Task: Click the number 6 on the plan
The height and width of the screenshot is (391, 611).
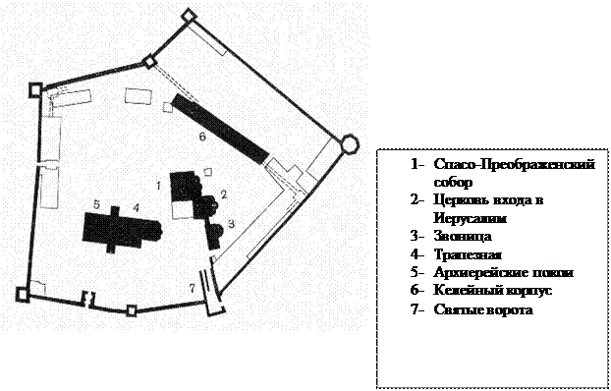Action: pyautogui.click(x=201, y=137)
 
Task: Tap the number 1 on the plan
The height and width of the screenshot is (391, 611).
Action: pyautogui.click(x=158, y=186)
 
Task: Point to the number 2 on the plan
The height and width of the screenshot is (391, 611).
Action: pyautogui.click(x=224, y=195)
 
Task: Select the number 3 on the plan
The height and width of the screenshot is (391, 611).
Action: pyautogui.click(x=232, y=224)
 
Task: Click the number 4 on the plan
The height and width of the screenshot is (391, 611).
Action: pyautogui.click(x=136, y=207)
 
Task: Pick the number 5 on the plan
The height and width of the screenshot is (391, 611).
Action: pyautogui.click(x=96, y=204)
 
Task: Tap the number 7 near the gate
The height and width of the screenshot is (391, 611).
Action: pyautogui.click(x=192, y=288)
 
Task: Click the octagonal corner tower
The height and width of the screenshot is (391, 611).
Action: pyautogui.click(x=349, y=143)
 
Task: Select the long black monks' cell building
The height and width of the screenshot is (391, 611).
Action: pyautogui.click(x=221, y=129)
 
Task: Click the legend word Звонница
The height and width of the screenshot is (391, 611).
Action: pyautogui.click(x=463, y=236)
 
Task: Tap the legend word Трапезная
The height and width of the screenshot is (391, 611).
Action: pyautogui.click(x=468, y=254)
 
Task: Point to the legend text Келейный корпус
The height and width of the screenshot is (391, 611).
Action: pyautogui.click(x=492, y=291)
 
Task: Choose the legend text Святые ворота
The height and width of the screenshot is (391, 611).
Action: pyautogui.click(x=483, y=309)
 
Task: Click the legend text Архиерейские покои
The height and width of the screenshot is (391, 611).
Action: pyautogui.click(x=504, y=272)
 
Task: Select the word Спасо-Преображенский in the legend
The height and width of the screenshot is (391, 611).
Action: pyautogui.click(x=515, y=164)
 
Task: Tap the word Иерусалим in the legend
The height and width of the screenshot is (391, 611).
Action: pyautogui.click(x=471, y=218)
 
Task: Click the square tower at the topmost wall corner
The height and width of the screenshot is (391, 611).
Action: pyautogui.click(x=189, y=15)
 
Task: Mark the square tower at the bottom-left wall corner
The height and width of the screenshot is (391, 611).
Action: pyautogui.click(x=23, y=295)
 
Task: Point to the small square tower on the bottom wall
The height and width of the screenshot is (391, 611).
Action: pyautogui.click(x=132, y=310)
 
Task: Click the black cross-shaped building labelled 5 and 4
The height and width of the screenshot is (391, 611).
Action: pyautogui.click(x=122, y=230)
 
